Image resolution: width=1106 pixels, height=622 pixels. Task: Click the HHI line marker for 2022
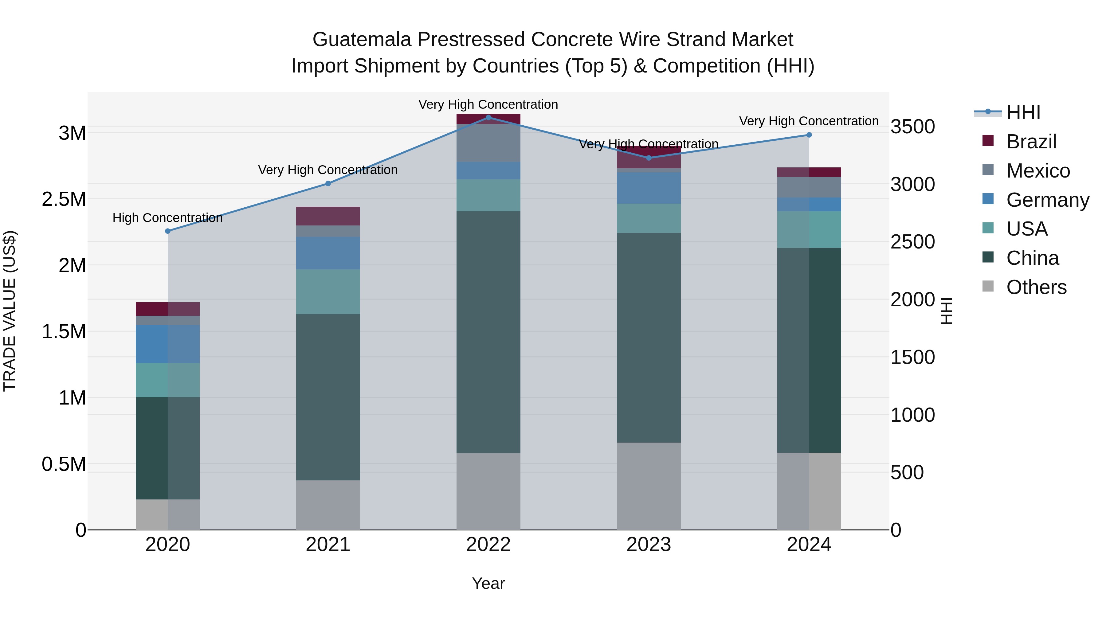[488, 118]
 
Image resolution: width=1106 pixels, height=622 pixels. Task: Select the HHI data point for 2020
[168, 231]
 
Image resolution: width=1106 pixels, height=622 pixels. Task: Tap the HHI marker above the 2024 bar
[809, 135]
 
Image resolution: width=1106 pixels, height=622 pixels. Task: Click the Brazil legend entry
[1030, 142]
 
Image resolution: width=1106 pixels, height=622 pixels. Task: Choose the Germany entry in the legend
[1047, 200]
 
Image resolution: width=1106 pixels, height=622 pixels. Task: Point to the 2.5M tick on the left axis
[64, 199]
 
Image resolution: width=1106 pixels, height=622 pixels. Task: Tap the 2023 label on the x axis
[648, 544]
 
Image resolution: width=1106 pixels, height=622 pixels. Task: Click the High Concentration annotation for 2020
[167, 218]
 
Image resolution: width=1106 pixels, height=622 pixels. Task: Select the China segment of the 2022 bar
[488, 331]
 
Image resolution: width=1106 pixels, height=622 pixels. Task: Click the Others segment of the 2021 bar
[328, 504]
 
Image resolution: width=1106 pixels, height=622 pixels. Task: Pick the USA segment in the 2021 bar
[328, 292]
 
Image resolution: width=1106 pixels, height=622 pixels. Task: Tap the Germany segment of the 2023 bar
[648, 188]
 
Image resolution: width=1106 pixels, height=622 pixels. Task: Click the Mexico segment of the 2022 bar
[488, 143]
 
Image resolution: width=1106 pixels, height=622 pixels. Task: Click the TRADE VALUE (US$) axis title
[10, 311]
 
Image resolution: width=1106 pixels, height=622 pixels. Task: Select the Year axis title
[488, 583]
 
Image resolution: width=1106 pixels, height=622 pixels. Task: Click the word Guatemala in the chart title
[362, 40]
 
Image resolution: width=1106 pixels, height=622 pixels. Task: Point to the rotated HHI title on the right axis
[946, 311]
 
